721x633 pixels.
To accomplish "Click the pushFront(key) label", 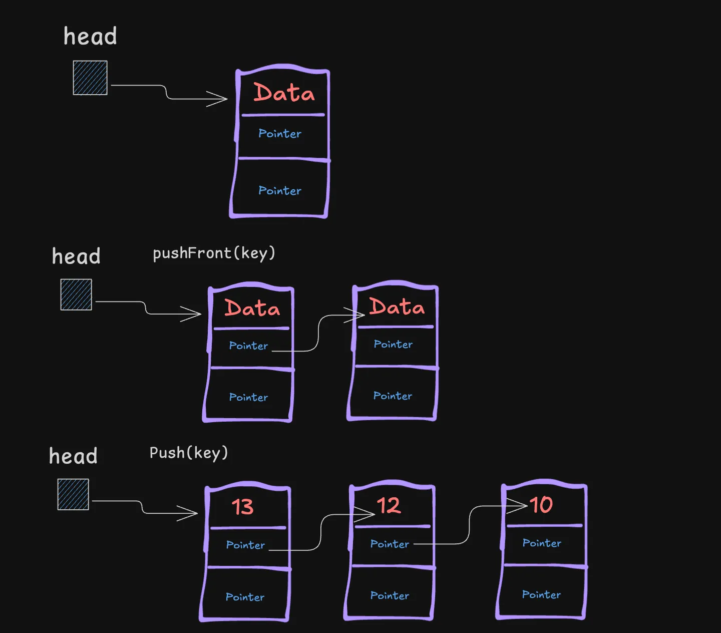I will pos(214,253).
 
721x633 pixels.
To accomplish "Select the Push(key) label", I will pos(189,453).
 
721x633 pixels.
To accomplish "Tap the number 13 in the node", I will pos(243,507).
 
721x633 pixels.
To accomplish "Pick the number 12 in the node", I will pos(389,505).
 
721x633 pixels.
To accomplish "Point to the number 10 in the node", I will pos(541,504).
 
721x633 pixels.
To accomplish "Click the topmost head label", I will pos(90,37).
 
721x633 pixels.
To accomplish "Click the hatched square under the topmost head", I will pos(90,78).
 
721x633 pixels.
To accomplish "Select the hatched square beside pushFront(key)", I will pos(76,294).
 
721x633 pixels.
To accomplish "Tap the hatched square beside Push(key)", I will pos(73,494).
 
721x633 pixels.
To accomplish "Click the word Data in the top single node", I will pos(284,93).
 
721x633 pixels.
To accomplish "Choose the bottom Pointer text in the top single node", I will pos(280,191).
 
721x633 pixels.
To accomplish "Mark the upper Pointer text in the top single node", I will pos(280,134).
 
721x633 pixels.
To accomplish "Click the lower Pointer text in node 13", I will pos(245,597).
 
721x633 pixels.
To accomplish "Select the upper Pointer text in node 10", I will pos(542,543).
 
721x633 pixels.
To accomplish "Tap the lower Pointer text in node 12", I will pos(390,595).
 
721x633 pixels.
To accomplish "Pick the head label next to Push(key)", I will pos(73,456).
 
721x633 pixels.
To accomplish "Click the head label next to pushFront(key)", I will pos(76,256).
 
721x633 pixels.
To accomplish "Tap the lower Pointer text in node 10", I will pos(541,594).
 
